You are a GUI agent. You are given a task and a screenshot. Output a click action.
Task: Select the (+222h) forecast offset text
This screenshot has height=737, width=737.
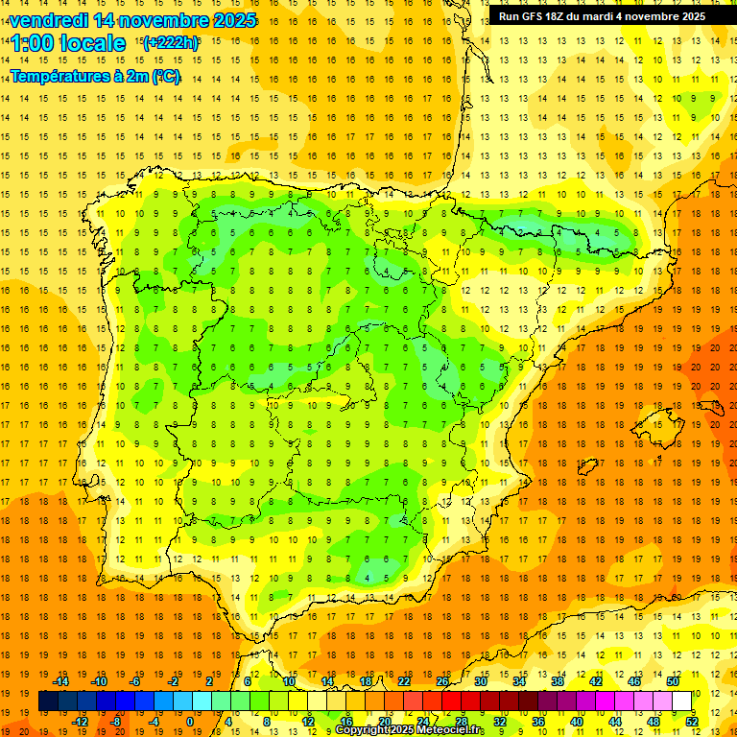171,42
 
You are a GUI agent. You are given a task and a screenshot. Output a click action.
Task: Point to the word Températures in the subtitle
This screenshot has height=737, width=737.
59,76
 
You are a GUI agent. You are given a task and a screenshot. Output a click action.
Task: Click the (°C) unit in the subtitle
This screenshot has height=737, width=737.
164,76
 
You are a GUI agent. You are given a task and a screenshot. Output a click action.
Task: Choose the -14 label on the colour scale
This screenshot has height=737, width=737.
59,681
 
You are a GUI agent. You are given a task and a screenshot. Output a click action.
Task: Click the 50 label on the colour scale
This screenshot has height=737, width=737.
673,681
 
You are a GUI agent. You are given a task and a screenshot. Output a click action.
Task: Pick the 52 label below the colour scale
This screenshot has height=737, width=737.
692,722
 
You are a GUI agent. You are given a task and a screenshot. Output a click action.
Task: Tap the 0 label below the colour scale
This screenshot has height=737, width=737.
191,722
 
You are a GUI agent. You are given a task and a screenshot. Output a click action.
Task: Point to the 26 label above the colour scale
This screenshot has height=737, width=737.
442,681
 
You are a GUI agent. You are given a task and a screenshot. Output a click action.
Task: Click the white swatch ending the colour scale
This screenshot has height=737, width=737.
682,701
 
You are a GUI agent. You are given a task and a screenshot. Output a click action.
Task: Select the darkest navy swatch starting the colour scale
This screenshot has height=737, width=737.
48,701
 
